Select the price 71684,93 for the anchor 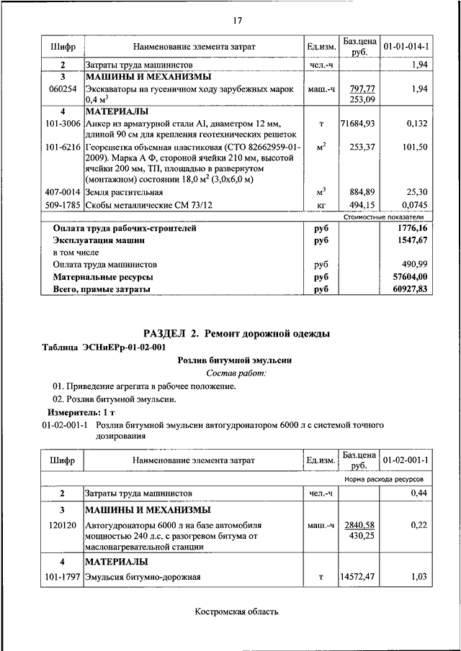click(x=357, y=124)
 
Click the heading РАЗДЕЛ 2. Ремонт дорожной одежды click(x=237, y=334)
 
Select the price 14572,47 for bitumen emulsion click(x=357, y=576)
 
